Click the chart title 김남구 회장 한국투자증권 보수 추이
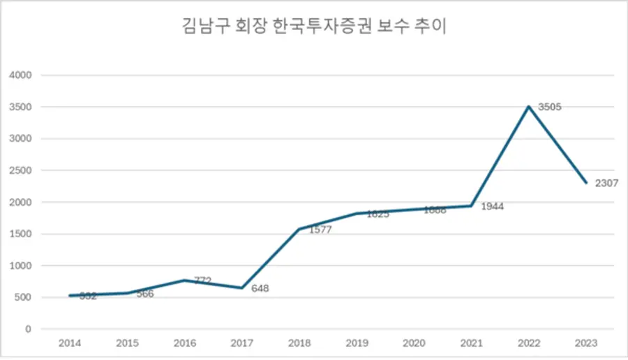pyautogui.click(x=313, y=29)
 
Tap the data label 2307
pyautogui.click(x=606, y=183)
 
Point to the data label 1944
pyautogui.click(x=492, y=207)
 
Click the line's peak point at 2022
pyautogui.click(x=529, y=107)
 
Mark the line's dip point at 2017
pyautogui.click(x=241, y=288)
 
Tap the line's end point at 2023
pyautogui.click(x=587, y=183)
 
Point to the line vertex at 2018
pyautogui.click(x=299, y=229)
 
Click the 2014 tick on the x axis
pyautogui.click(x=68, y=343)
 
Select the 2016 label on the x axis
pyautogui.click(x=184, y=343)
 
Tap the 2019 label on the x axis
pyautogui.click(x=357, y=343)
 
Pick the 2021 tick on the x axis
pyautogui.click(x=472, y=343)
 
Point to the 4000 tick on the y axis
pyautogui.click(x=20, y=75)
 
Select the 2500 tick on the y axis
pyautogui.click(x=20, y=171)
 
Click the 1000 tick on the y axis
pyautogui.click(x=20, y=266)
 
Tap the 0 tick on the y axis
pyautogui.click(x=28, y=329)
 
